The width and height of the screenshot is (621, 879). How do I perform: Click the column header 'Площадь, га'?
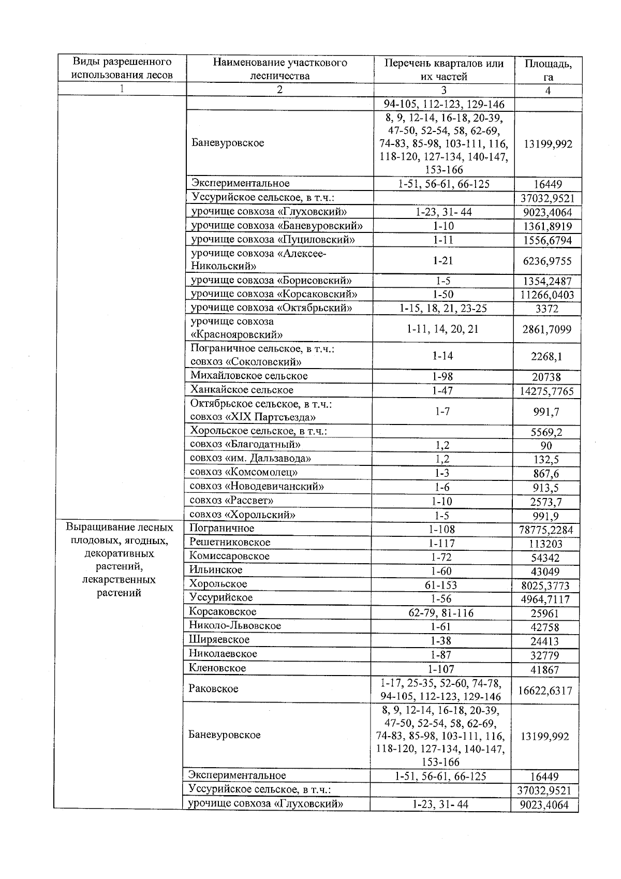pyautogui.click(x=548, y=70)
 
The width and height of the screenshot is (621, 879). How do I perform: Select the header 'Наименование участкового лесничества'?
pyautogui.click(x=279, y=69)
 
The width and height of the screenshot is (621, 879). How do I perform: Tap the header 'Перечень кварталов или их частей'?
pyautogui.click(x=443, y=69)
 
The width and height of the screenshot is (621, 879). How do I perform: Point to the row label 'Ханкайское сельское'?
pyautogui.click(x=242, y=390)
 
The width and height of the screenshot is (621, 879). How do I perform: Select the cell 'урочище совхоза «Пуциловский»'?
pyautogui.click(x=273, y=240)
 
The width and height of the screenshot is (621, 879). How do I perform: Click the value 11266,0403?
pyautogui.click(x=548, y=295)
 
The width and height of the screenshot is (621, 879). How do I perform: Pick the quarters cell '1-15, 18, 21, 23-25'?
pyautogui.click(x=443, y=309)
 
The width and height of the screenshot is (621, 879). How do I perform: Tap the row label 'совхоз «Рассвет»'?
pyautogui.click(x=231, y=501)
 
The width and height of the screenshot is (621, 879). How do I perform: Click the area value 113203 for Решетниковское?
pyautogui.click(x=545, y=544)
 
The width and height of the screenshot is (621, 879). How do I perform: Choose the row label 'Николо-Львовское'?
pyautogui.click(x=235, y=625)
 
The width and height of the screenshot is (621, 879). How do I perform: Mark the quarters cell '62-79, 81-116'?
pyautogui.click(x=440, y=613)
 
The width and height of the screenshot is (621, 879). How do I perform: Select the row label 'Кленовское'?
pyautogui.click(x=217, y=668)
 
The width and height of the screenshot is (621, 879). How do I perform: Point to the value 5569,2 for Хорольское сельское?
pyautogui.click(x=548, y=432)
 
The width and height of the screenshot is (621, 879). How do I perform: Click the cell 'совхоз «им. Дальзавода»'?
pyautogui.click(x=250, y=458)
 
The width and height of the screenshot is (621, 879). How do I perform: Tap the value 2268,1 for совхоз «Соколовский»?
pyautogui.click(x=548, y=356)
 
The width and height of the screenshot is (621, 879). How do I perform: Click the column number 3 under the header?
pyautogui.click(x=443, y=90)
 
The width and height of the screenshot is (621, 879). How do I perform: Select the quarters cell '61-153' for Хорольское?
pyautogui.click(x=440, y=585)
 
